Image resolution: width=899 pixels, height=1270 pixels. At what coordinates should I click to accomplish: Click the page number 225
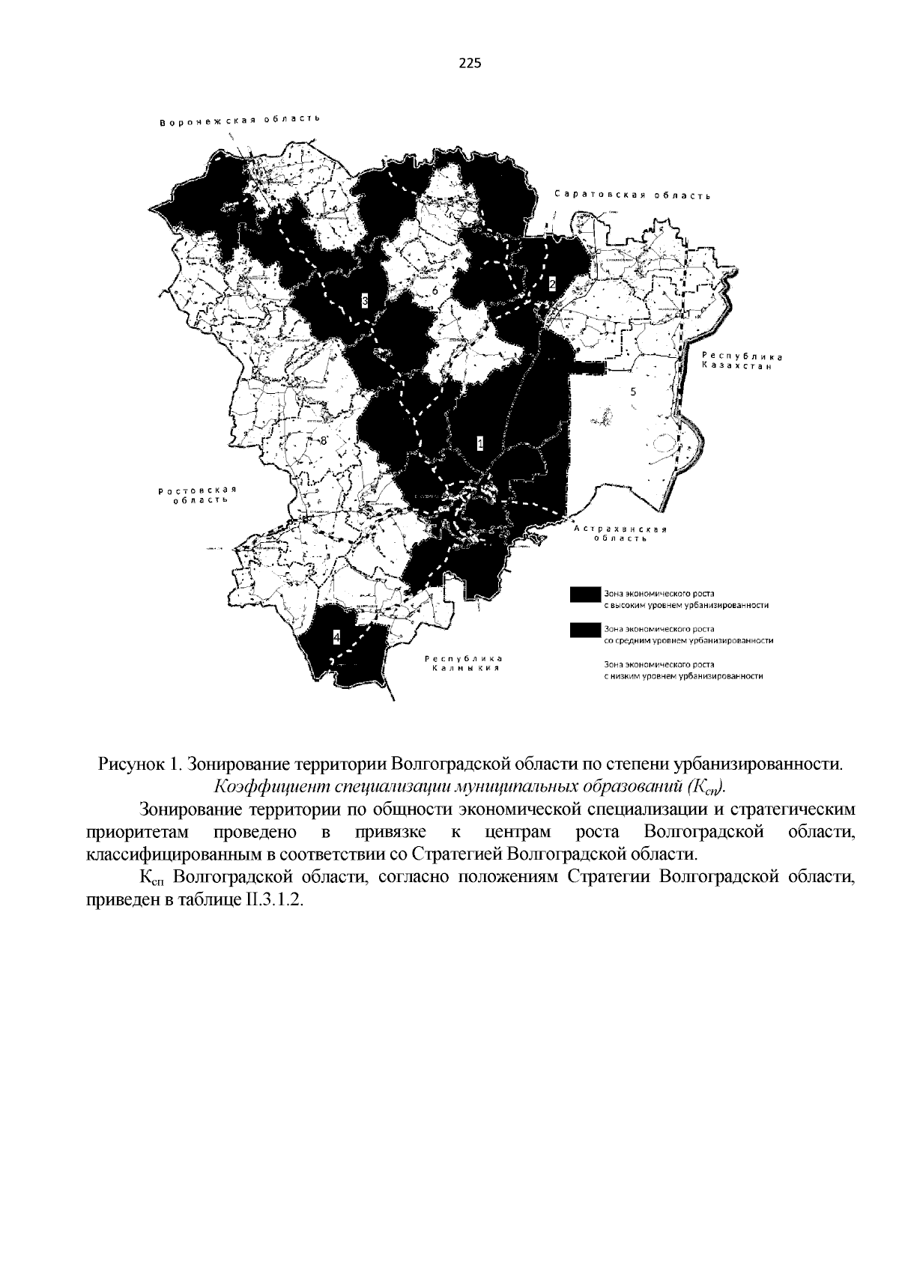[469, 64]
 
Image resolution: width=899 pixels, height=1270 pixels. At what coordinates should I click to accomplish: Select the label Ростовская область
[197, 495]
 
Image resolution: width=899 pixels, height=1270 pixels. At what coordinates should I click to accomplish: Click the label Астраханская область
[621, 535]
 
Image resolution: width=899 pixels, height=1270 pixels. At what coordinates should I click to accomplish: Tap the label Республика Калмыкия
[462, 663]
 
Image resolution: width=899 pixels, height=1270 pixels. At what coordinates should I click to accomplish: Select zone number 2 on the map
[552, 284]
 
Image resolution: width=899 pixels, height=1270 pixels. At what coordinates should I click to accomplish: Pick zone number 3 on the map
[365, 301]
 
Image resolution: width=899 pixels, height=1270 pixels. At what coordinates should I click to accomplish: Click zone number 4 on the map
[336, 637]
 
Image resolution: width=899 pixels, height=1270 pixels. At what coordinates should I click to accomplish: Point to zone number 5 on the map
[633, 392]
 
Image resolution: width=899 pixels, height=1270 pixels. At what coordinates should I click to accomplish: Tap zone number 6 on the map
[435, 291]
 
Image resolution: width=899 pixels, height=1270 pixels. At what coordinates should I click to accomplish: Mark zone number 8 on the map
[324, 441]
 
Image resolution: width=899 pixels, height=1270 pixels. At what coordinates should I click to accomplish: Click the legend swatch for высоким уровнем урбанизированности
[585, 594]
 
